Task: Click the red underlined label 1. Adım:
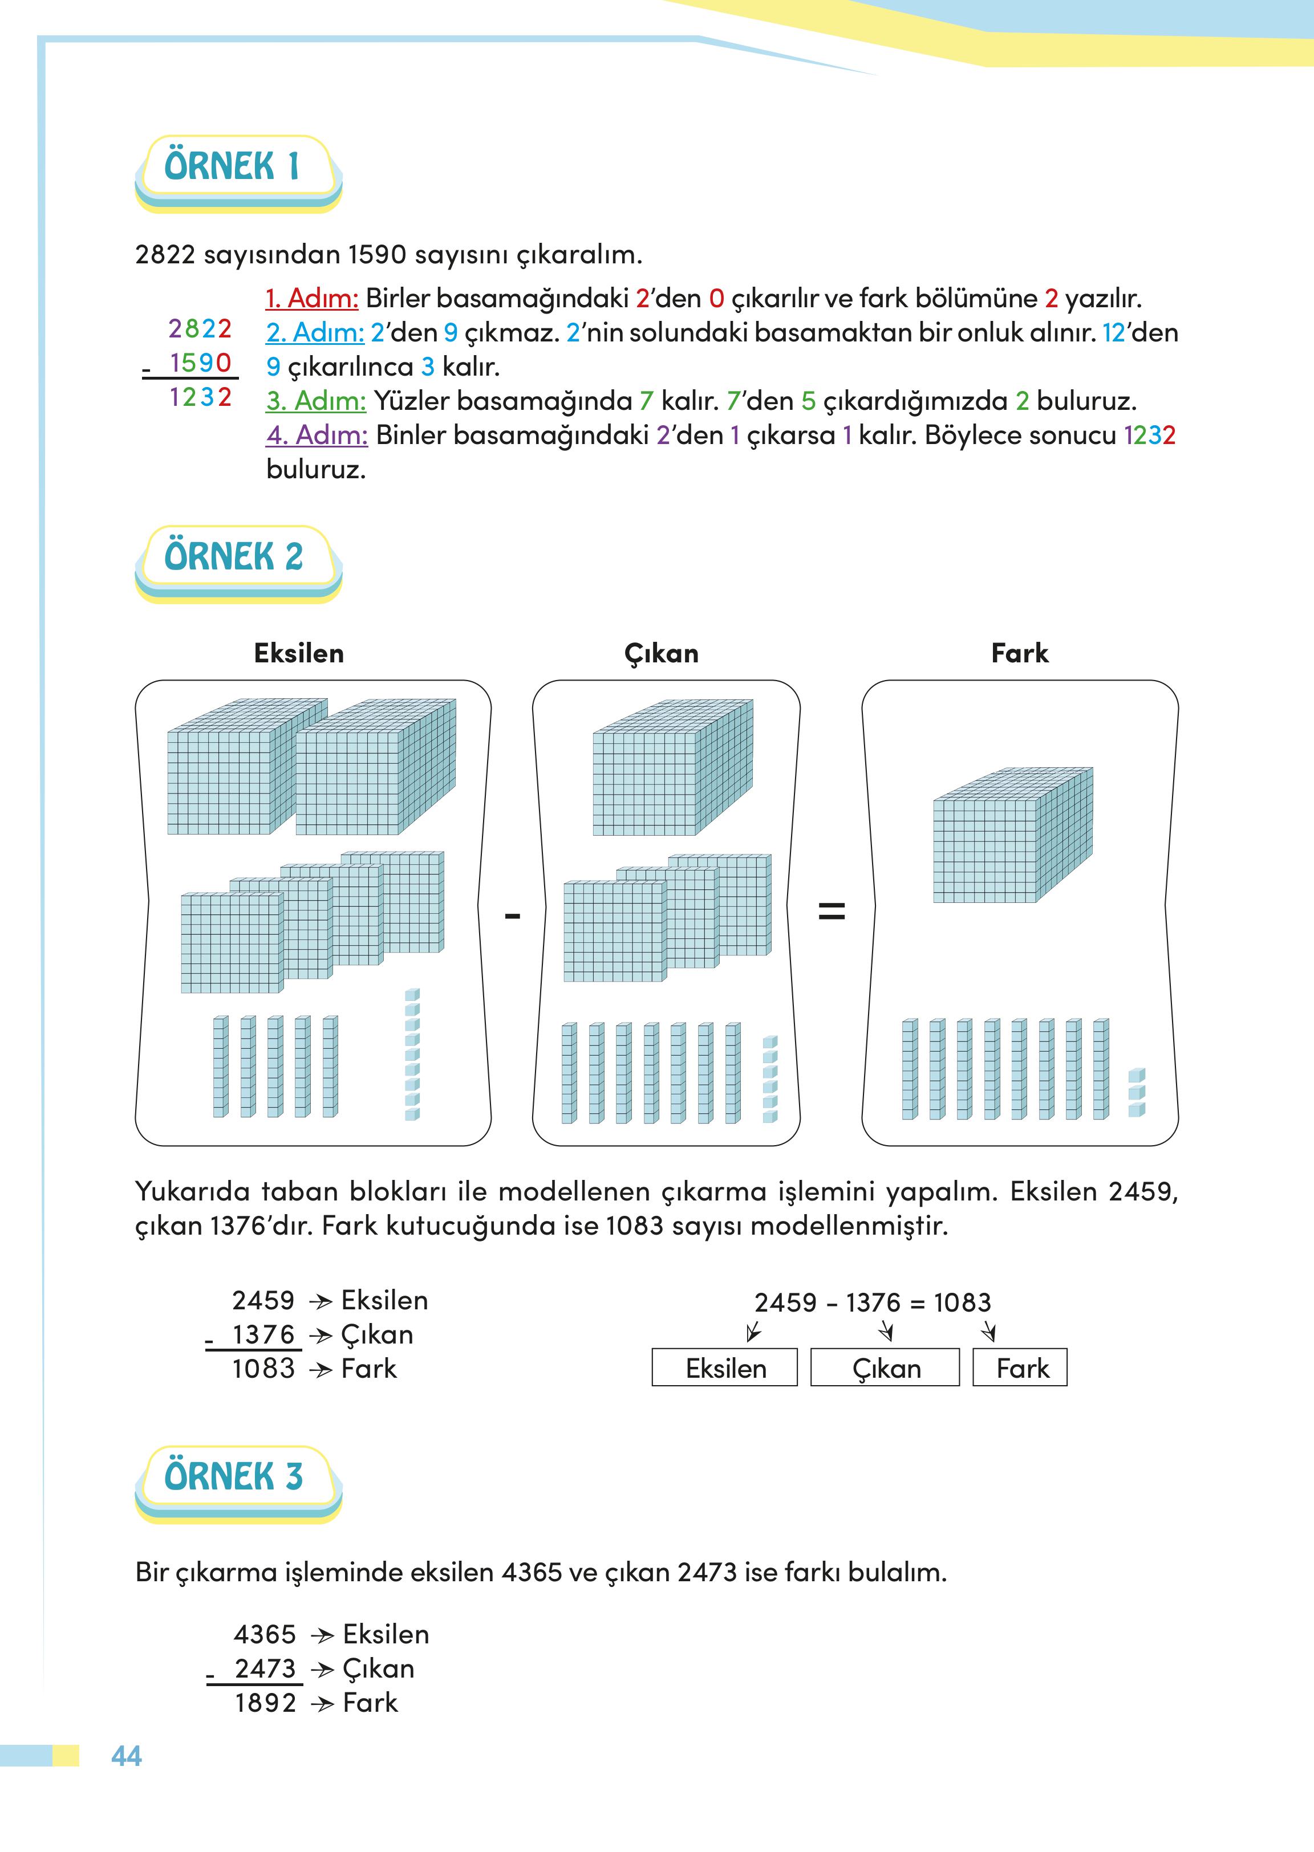click(311, 299)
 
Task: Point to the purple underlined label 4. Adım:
click(317, 435)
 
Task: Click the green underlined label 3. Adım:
click(315, 401)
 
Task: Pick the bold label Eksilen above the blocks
click(299, 653)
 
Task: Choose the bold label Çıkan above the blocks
click(661, 653)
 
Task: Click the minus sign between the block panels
click(512, 916)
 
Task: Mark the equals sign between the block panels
click(831, 912)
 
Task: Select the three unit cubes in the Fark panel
click(1136, 1093)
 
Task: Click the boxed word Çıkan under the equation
click(885, 1369)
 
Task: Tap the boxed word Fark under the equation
click(1021, 1369)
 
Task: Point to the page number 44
click(126, 1756)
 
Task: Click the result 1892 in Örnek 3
click(265, 1703)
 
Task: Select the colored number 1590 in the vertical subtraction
click(201, 363)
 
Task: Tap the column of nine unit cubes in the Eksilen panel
click(412, 1054)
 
